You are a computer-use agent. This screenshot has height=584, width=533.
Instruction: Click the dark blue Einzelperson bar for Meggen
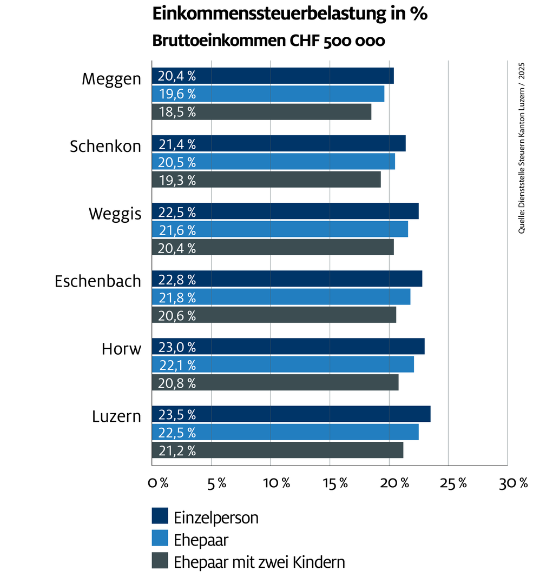(x=273, y=76)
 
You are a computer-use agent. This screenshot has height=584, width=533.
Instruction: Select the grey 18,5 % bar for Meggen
(x=262, y=112)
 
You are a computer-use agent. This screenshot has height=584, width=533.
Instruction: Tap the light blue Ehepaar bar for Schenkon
(x=274, y=162)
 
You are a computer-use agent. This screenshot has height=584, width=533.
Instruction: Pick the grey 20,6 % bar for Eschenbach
(x=274, y=315)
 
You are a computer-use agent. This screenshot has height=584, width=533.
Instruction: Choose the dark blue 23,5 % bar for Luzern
(x=291, y=414)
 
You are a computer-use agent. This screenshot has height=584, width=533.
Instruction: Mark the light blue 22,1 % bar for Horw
(x=283, y=364)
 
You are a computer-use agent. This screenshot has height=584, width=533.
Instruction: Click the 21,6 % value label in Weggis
(x=177, y=230)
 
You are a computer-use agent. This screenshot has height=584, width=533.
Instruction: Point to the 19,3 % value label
(x=177, y=181)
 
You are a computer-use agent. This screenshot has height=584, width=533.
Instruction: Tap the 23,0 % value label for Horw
(x=177, y=347)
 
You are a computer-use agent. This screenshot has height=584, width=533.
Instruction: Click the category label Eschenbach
(x=98, y=281)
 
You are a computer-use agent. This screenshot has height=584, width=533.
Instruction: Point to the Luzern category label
(x=117, y=416)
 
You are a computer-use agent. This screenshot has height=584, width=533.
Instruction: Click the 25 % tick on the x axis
(x=453, y=483)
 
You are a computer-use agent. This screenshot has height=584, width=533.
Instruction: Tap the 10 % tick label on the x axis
(x=277, y=483)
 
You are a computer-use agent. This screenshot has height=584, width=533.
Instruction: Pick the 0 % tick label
(x=158, y=483)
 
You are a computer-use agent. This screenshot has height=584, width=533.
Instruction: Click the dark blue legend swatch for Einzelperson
(x=160, y=516)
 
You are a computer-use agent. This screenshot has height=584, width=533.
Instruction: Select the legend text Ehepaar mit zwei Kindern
(x=259, y=562)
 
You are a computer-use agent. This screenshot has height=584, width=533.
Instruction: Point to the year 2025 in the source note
(x=522, y=71)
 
